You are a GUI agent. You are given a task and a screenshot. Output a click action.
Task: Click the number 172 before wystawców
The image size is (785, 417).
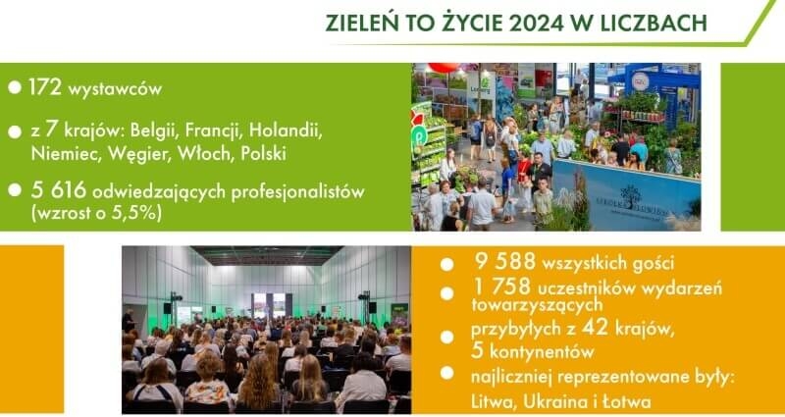45,87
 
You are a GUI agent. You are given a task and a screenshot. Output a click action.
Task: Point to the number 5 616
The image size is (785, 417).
59,190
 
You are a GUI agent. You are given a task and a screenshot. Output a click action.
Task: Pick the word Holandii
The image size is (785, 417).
286,130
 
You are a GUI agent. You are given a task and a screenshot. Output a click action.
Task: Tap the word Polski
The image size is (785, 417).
263,154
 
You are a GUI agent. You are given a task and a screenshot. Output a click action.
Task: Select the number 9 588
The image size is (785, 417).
504,261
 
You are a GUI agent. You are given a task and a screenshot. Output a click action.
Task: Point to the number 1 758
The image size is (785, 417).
500,287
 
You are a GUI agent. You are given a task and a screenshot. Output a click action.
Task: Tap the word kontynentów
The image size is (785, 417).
542,352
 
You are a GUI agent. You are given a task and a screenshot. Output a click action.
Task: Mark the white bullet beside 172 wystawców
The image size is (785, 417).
15,87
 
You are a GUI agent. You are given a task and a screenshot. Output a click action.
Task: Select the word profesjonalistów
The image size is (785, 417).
297,192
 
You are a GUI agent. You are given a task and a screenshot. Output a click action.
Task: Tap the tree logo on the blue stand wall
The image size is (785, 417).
630,194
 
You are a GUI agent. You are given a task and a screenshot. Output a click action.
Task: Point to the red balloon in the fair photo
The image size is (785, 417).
444,67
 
